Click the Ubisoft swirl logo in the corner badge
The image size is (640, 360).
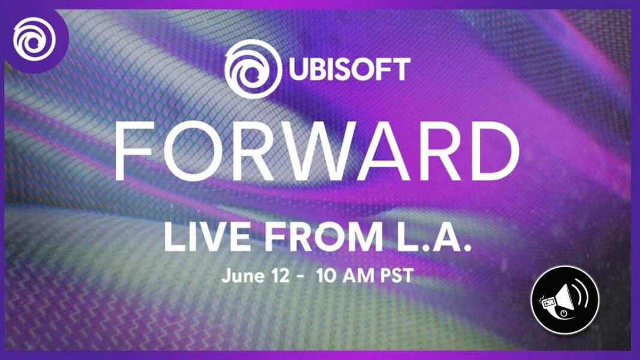point(34,39)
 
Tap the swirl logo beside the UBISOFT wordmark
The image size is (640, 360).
point(253,69)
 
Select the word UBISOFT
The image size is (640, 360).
point(350,69)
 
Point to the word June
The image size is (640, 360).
point(243,276)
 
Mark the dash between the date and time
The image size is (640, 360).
point(300,277)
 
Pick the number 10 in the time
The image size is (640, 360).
point(325,276)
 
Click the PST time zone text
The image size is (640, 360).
point(397,276)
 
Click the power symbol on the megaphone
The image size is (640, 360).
point(564,313)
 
